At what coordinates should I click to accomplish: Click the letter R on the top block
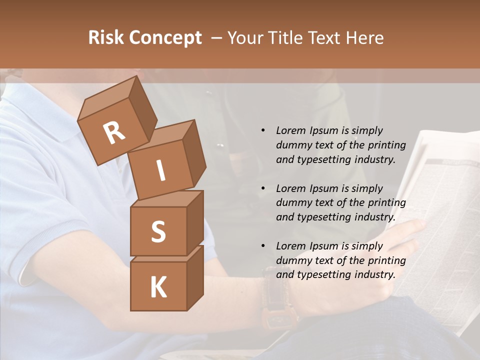tap(114, 132)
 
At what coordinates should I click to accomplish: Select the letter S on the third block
tap(158, 231)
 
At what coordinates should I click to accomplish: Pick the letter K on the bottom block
tap(158, 287)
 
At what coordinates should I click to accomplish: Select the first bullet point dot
tap(263, 130)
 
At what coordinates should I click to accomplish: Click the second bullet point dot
tap(263, 188)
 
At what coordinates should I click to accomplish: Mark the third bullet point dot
tap(263, 246)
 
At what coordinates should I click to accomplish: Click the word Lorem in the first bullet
tap(290, 130)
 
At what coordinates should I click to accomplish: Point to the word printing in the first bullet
tap(387, 145)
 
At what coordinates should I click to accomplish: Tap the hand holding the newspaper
tap(407, 235)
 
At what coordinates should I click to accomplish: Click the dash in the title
tap(217, 38)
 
